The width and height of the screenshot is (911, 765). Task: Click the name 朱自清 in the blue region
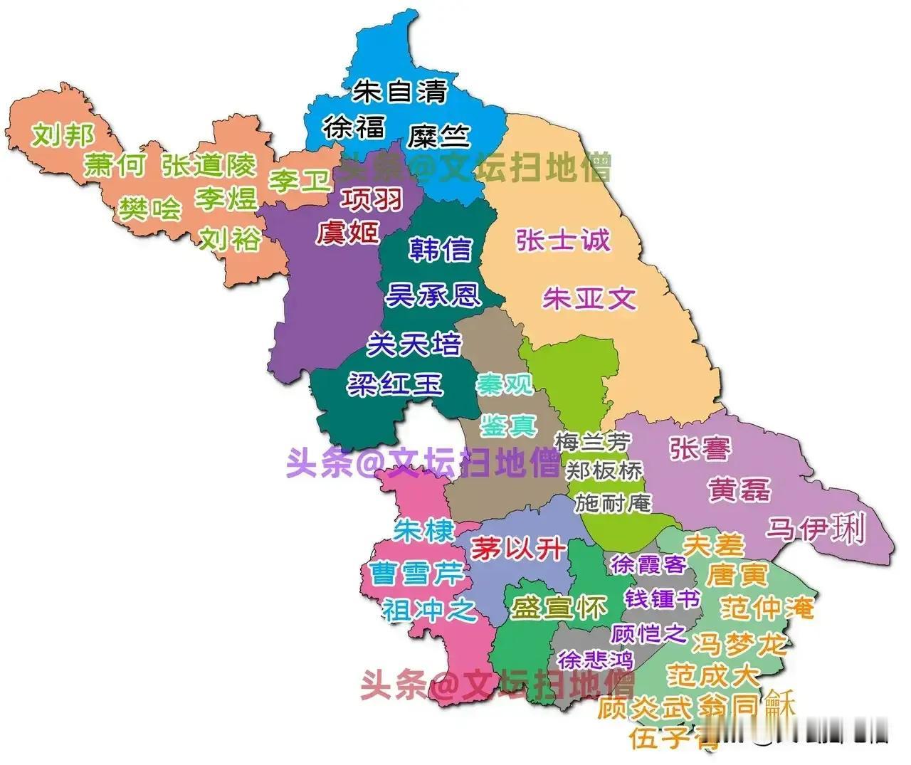click(401, 92)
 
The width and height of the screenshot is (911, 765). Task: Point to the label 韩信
click(441, 249)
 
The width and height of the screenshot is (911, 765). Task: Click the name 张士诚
click(563, 240)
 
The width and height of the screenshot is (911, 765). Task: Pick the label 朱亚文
click(589, 298)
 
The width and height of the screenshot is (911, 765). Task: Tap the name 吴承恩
click(433, 295)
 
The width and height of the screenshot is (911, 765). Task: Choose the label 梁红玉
click(394, 385)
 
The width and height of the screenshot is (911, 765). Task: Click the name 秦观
click(505, 385)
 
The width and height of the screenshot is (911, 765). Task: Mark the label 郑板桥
click(604, 470)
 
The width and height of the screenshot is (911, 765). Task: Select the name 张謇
click(700, 448)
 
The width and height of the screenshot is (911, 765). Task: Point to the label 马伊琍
click(816, 530)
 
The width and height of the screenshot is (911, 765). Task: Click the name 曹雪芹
click(416, 574)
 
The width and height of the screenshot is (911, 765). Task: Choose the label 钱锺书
click(662, 599)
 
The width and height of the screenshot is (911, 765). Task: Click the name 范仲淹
click(767, 608)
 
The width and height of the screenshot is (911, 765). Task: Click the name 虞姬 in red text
click(348, 232)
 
